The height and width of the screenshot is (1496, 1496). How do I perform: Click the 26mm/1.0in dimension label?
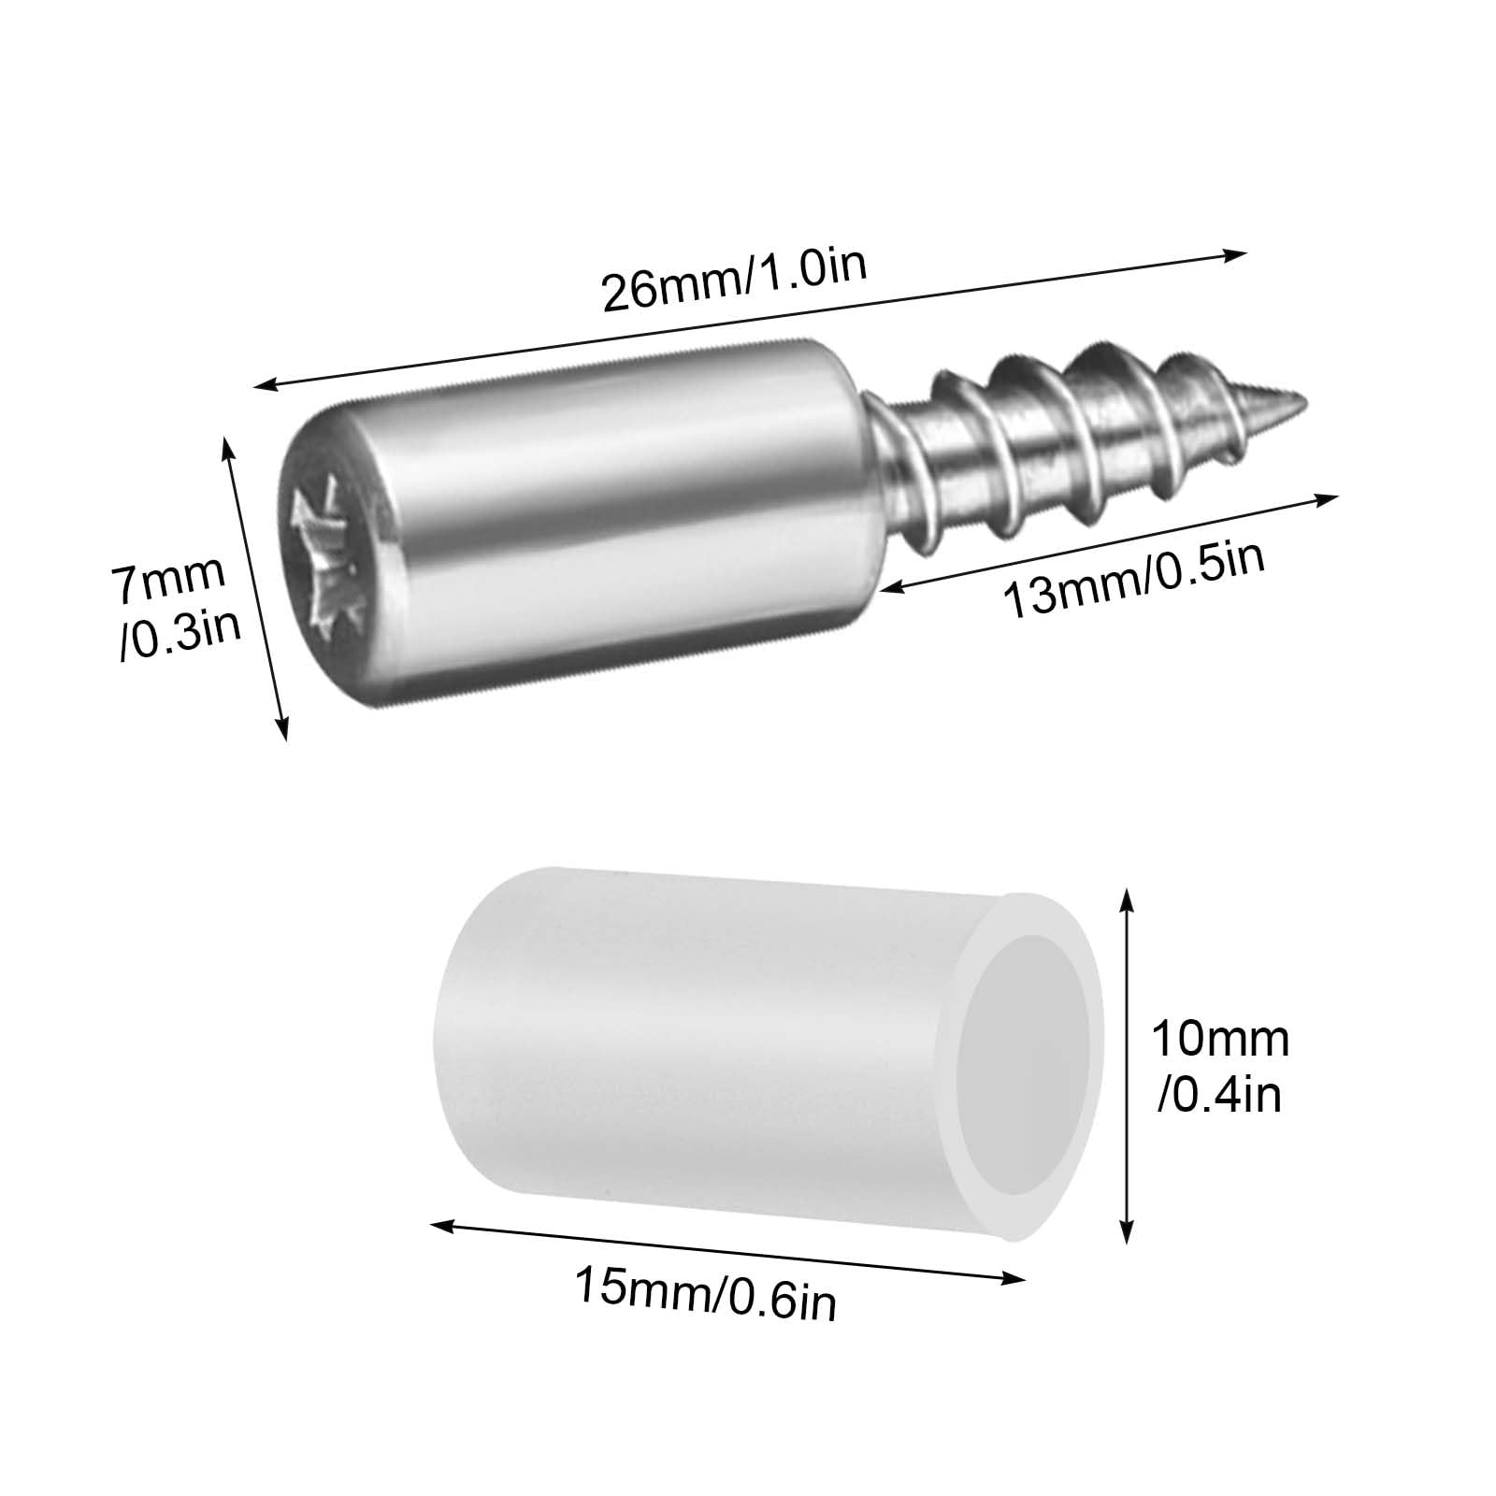[735, 278]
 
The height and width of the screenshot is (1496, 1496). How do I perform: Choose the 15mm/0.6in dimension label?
[705, 1289]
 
